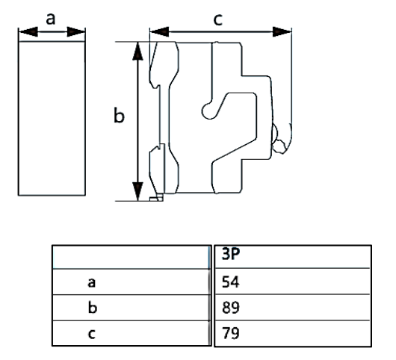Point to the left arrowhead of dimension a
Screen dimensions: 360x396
pos(24,32)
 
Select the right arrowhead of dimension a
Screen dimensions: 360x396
pos(80,32)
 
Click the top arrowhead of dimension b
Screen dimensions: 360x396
pos(137,50)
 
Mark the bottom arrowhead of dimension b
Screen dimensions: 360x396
pos(137,192)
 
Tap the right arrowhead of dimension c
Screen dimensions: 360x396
pos(282,32)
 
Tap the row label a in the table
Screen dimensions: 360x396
pos(90,282)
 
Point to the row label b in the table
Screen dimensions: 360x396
pos(90,307)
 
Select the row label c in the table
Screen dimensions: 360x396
pos(90,333)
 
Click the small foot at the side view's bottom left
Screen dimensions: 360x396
pos(155,198)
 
